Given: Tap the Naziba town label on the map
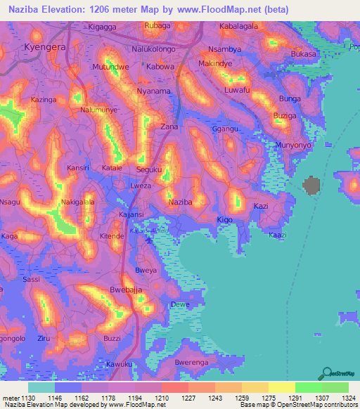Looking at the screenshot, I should click(181, 202).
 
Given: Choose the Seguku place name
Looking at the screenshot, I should click(148, 169).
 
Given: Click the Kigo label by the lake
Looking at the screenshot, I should click(225, 220).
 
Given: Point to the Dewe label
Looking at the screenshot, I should click(181, 305).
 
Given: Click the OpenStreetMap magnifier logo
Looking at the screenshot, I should click(327, 372).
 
